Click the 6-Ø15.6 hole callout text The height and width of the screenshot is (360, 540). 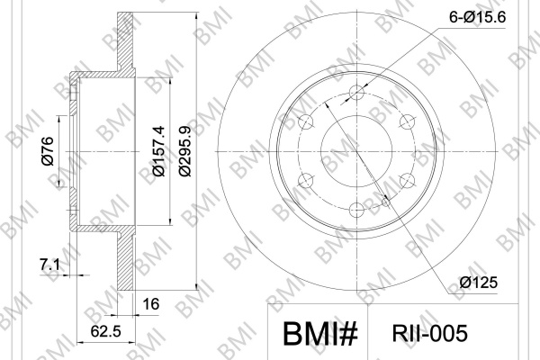tap(477, 17)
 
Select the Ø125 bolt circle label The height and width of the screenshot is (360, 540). tap(479, 283)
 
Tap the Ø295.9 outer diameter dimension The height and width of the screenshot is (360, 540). tap(184, 151)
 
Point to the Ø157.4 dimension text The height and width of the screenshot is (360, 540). tap(158, 151)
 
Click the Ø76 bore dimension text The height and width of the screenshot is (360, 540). tap(48, 151)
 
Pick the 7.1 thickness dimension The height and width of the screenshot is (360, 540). tap(49, 265)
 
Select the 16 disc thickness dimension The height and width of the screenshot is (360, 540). tap(151, 304)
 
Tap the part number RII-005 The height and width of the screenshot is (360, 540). tap(430, 334)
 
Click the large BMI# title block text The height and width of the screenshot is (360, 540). tap(320, 334)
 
